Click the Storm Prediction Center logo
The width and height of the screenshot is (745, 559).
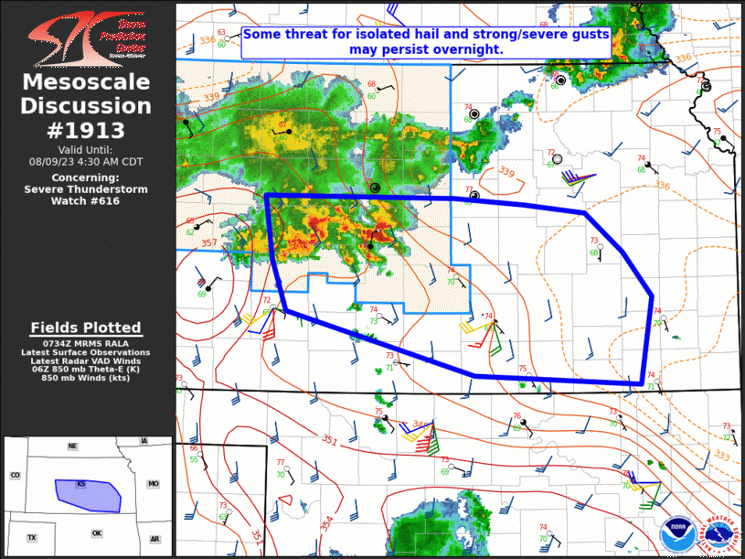[87, 38]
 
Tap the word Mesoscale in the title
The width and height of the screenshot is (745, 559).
[86, 83]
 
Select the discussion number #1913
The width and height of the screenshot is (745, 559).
[86, 129]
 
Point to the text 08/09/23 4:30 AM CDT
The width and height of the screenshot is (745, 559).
[86, 161]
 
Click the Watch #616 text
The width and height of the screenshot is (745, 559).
[86, 200]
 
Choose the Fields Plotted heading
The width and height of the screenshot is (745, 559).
[86, 328]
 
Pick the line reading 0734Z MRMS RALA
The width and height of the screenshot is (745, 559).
[86, 344]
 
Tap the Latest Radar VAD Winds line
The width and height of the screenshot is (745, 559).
[86, 360]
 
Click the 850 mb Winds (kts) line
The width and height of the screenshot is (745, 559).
[86, 377]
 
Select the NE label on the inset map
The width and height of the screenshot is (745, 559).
[72, 446]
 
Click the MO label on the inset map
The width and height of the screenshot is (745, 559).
[154, 483]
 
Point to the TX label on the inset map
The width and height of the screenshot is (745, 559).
[32, 537]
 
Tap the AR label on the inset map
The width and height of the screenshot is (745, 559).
[154, 539]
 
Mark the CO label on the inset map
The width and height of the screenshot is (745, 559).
[15, 476]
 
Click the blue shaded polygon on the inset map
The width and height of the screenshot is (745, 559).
[87, 494]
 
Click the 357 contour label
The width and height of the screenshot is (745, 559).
[209, 243]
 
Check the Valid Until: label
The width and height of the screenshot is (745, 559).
[86, 149]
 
